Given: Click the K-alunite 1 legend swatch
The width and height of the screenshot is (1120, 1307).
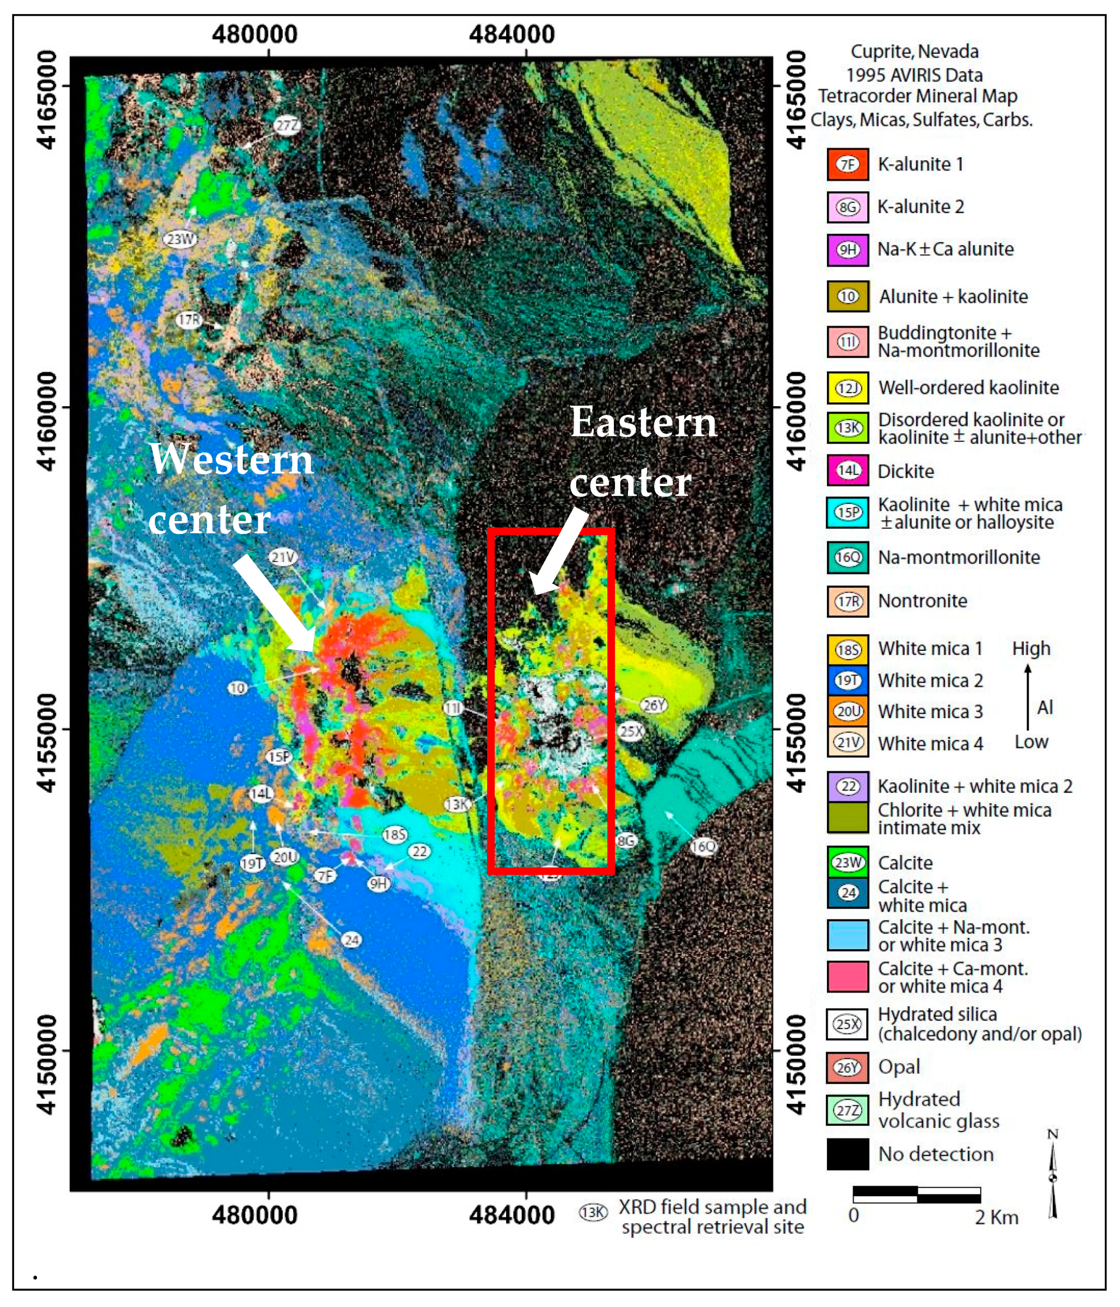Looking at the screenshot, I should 847,164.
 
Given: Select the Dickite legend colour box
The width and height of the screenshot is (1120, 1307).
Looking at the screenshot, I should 847,471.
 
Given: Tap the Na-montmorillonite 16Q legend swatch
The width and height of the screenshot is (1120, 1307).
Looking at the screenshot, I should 847,557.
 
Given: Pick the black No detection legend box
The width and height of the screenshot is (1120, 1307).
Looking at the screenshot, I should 847,1154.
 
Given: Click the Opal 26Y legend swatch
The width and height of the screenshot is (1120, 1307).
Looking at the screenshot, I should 847,1067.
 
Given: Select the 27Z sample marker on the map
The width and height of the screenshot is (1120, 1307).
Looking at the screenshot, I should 287,126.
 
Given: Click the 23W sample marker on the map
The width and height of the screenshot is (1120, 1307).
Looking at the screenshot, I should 180,239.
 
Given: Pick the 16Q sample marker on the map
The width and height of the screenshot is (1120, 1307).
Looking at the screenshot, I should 703,846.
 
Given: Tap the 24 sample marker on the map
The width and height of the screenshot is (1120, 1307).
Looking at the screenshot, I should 351,940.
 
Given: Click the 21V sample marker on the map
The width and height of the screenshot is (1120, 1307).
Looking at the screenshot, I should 283,557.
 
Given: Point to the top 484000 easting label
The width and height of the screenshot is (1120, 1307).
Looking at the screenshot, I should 512,34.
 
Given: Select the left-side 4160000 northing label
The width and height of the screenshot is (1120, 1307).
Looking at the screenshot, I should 47,421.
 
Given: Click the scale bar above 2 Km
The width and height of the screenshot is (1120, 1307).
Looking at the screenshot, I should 916,1194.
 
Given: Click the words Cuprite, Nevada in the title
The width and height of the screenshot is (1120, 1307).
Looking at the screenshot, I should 914,52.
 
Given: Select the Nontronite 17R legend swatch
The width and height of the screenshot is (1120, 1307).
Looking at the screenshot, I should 847,601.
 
